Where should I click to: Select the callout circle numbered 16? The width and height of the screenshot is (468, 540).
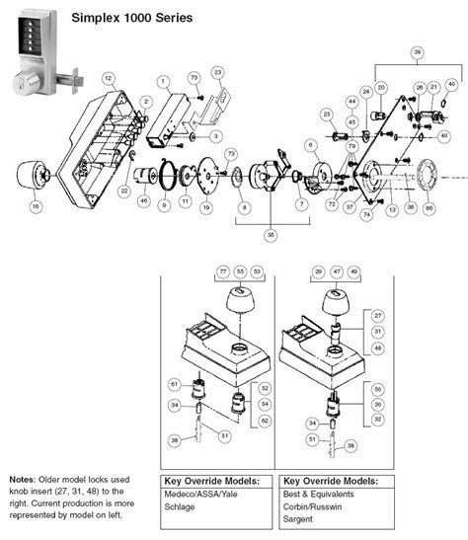tap(36, 206)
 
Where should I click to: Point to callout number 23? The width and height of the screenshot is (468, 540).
tap(217, 72)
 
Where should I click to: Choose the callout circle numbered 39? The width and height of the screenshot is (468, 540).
tap(418, 50)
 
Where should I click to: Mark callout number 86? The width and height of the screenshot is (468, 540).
tap(429, 209)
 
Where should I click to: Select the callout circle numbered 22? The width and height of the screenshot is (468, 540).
tap(124, 191)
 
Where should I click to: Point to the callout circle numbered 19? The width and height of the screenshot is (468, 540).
tap(205, 208)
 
